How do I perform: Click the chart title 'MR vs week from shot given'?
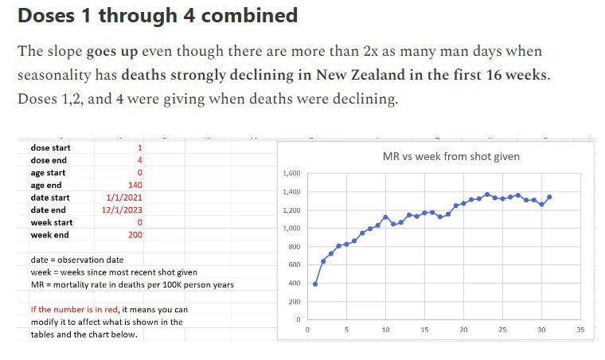click(x=451, y=156)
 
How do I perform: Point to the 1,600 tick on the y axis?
click(x=291, y=174)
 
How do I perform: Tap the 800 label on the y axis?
click(x=294, y=247)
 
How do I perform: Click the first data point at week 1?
click(x=315, y=284)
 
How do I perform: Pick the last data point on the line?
click(x=549, y=197)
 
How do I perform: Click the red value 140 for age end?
click(x=135, y=185)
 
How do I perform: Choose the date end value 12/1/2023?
click(x=123, y=210)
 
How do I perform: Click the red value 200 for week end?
click(x=135, y=235)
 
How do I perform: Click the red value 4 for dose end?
click(x=139, y=160)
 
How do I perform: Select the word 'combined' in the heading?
click(x=252, y=15)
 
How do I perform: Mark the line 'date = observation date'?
click(x=77, y=260)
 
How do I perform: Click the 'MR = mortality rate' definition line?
click(x=132, y=284)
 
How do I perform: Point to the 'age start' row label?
click(x=48, y=173)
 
